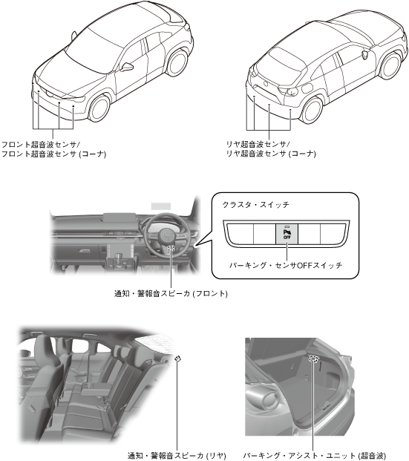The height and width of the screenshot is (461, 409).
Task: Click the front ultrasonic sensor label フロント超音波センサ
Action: click(39, 144)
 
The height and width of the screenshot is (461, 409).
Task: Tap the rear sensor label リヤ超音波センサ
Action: click(256, 144)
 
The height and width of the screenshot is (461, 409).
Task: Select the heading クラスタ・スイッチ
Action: click(256, 205)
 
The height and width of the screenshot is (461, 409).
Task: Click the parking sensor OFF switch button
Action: click(287, 234)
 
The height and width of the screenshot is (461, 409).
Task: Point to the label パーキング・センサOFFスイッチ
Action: click(286, 266)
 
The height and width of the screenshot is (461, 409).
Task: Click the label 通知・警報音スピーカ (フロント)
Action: click(171, 293)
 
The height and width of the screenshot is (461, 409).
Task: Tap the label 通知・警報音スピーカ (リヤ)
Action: click(177, 456)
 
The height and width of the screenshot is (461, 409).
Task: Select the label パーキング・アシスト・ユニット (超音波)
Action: click(314, 456)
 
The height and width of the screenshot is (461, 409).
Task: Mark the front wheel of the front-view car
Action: click(99, 108)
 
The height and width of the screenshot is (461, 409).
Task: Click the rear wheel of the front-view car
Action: click(177, 62)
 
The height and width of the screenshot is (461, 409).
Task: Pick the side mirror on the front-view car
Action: click(127, 67)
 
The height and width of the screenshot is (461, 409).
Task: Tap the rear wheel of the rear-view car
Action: click(311, 110)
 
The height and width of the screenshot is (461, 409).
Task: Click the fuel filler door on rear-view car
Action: click(307, 88)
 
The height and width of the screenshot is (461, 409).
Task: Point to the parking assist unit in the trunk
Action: click(314, 359)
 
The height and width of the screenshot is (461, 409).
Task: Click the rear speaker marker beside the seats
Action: click(177, 358)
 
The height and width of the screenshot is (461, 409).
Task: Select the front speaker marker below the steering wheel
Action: click(171, 248)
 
